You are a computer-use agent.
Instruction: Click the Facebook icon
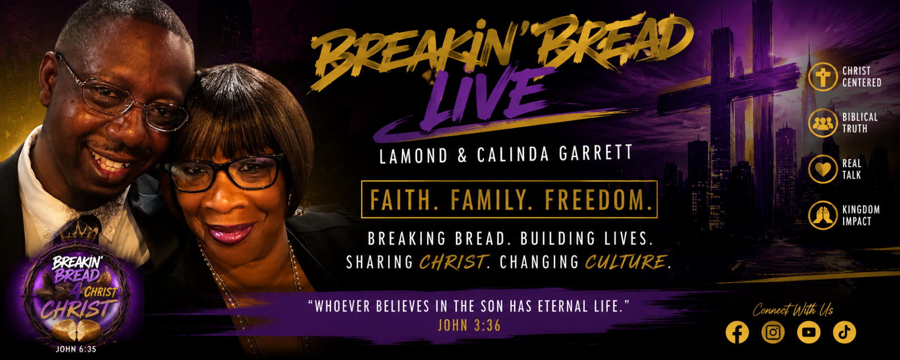click(737, 332)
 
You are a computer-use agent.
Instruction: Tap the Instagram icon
click(773, 332)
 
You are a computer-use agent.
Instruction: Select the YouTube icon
click(808, 332)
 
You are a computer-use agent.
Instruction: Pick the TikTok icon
click(844, 332)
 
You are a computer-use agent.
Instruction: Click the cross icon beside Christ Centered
click(823, 77)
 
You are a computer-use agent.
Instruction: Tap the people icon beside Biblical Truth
click(823, 123)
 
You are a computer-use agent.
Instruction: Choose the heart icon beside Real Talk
click(823, 169)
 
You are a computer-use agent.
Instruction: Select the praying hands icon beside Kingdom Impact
click(823, 215)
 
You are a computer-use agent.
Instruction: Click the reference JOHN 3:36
click(469, 325)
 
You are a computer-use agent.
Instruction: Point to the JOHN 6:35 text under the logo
click(76, 349)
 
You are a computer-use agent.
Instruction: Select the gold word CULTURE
click(625, 262)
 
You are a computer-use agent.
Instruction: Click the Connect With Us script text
click(793, 310)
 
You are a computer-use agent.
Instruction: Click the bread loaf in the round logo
click(76, 330)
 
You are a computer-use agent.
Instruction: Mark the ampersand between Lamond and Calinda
click(462, 156)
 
